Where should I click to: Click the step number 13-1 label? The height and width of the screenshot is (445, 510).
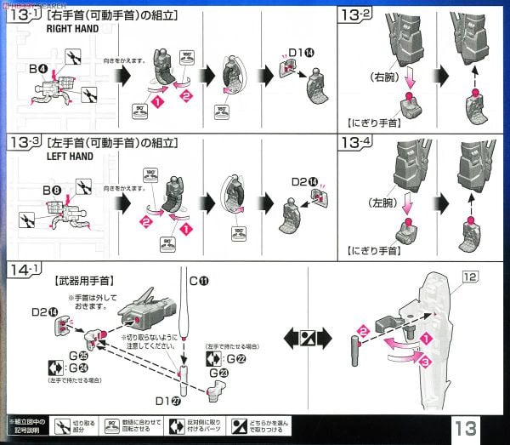(x=25, y=14)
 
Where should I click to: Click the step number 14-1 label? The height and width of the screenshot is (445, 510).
(x=25, y=271)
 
